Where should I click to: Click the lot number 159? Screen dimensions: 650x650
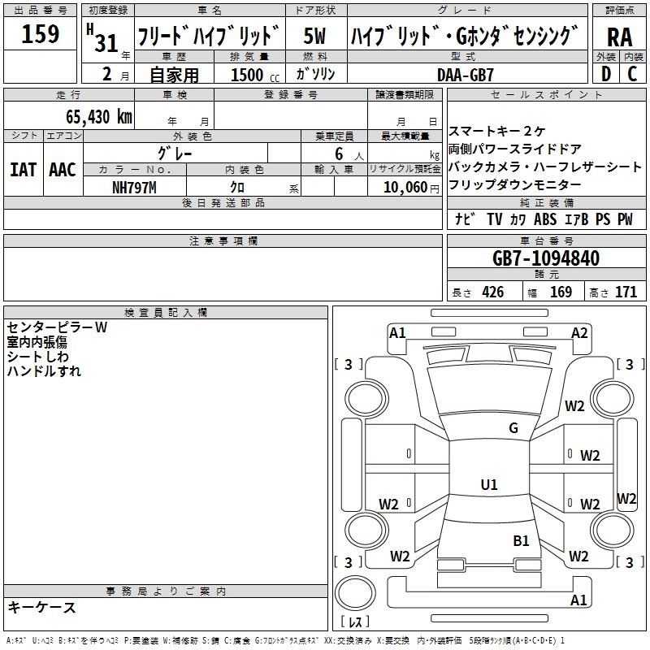click(40, 34)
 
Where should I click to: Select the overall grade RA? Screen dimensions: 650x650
click(619, 37)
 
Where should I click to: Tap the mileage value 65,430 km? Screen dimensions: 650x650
click(99, 117)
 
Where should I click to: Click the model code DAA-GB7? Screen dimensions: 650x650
click(465, 75)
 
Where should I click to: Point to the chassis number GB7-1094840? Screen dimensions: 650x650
click(546, 258)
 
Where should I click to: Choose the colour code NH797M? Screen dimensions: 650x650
click(134, 188)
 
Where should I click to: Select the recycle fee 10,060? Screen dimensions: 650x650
click(405, 187)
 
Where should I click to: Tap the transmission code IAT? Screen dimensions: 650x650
click(23, 170)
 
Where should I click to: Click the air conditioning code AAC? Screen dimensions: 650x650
click(63, 170)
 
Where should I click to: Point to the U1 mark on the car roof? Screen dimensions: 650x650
click(489, 484)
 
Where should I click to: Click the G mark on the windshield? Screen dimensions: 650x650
click(513, 428)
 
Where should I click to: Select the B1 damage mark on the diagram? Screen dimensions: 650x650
click(521, 541)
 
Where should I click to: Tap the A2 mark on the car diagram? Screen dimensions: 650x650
click(579, 333)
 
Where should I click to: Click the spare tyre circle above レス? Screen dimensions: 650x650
click(355, 593)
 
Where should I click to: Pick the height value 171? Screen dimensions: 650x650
click(626, 292)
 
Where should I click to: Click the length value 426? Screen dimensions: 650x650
click(492, 292)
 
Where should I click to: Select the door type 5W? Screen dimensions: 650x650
click(314, 36)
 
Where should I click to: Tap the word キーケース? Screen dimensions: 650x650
click(42, 607)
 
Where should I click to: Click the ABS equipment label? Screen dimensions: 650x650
click(545, 219)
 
